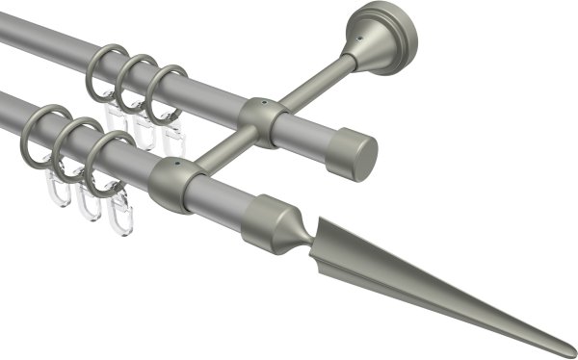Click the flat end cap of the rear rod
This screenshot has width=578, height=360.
point(356,155)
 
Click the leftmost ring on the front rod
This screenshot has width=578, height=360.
point(39,134)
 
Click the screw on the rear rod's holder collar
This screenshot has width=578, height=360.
point(263,100)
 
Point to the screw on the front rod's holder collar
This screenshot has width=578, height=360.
point(175,165)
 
